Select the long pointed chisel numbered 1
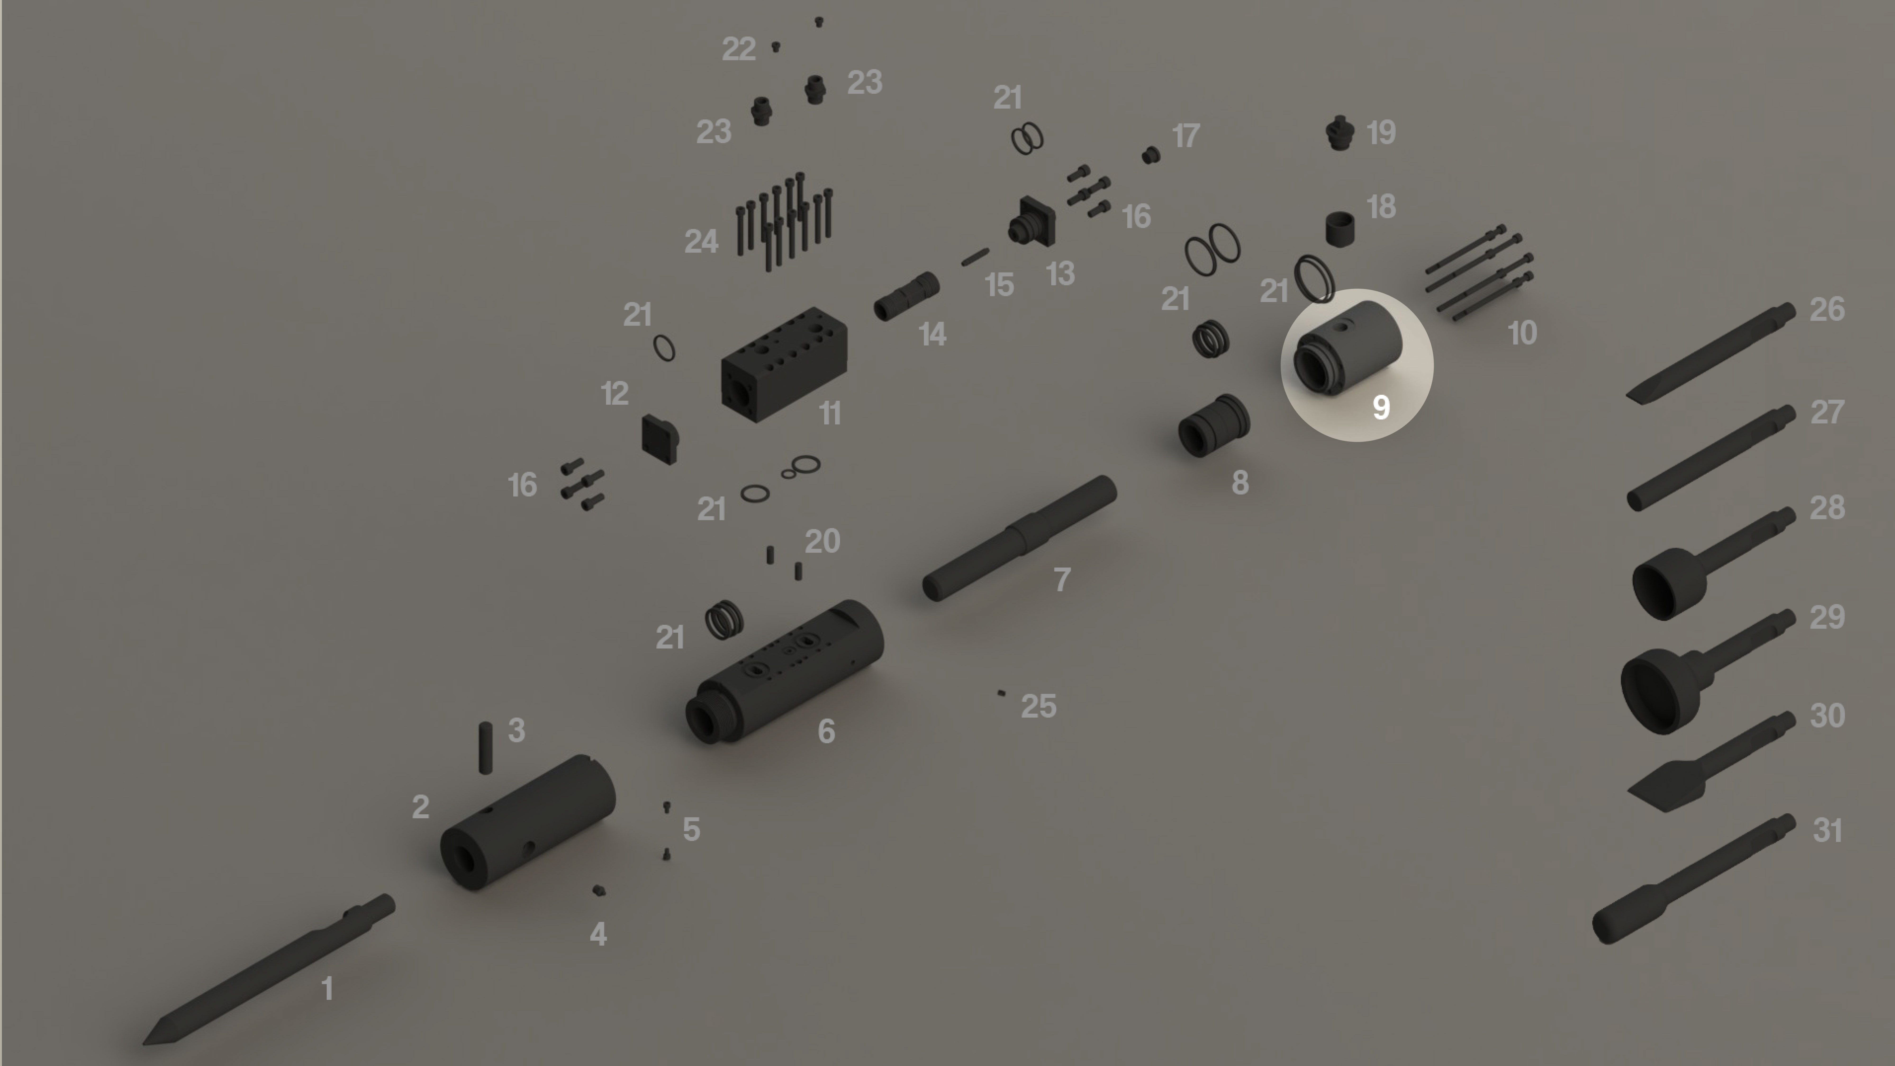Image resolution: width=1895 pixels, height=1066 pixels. click(x=268, y=969)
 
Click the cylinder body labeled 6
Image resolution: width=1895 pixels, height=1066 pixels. click(x=784, y=671)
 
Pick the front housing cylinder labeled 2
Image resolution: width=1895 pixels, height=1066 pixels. click(x=527, y=822)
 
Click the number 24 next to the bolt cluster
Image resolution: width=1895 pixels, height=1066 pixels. click(x=701, y=241)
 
